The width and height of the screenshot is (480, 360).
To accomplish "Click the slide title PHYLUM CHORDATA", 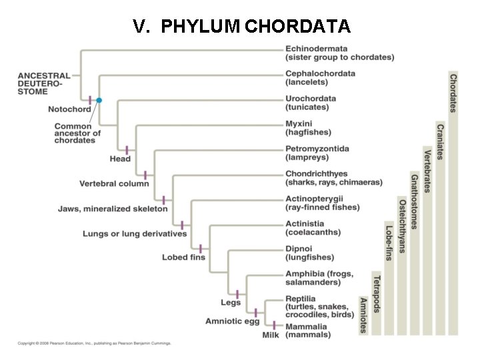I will point(241,26).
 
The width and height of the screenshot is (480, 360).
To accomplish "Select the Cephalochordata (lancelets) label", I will point(320,77).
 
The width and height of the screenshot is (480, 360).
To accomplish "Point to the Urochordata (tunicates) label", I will point(311,102).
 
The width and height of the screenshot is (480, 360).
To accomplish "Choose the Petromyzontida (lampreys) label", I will point(317,152).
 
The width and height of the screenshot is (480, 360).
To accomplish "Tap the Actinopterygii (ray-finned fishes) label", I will point(323,203).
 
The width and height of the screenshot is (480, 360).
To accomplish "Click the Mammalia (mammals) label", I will point(307,331).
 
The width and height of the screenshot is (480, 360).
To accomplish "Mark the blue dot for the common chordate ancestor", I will point(99,100).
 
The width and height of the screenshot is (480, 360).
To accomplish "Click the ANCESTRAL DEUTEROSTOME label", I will point(39,83).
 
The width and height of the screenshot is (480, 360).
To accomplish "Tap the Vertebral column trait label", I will point(114,183).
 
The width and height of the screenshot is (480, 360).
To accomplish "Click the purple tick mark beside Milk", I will point(274,325).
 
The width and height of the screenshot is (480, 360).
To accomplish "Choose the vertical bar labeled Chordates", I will point(453,200).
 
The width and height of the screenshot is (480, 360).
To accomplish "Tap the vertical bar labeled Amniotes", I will point(363,314).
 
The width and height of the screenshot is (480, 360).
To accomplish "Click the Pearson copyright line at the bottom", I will point(94,343).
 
